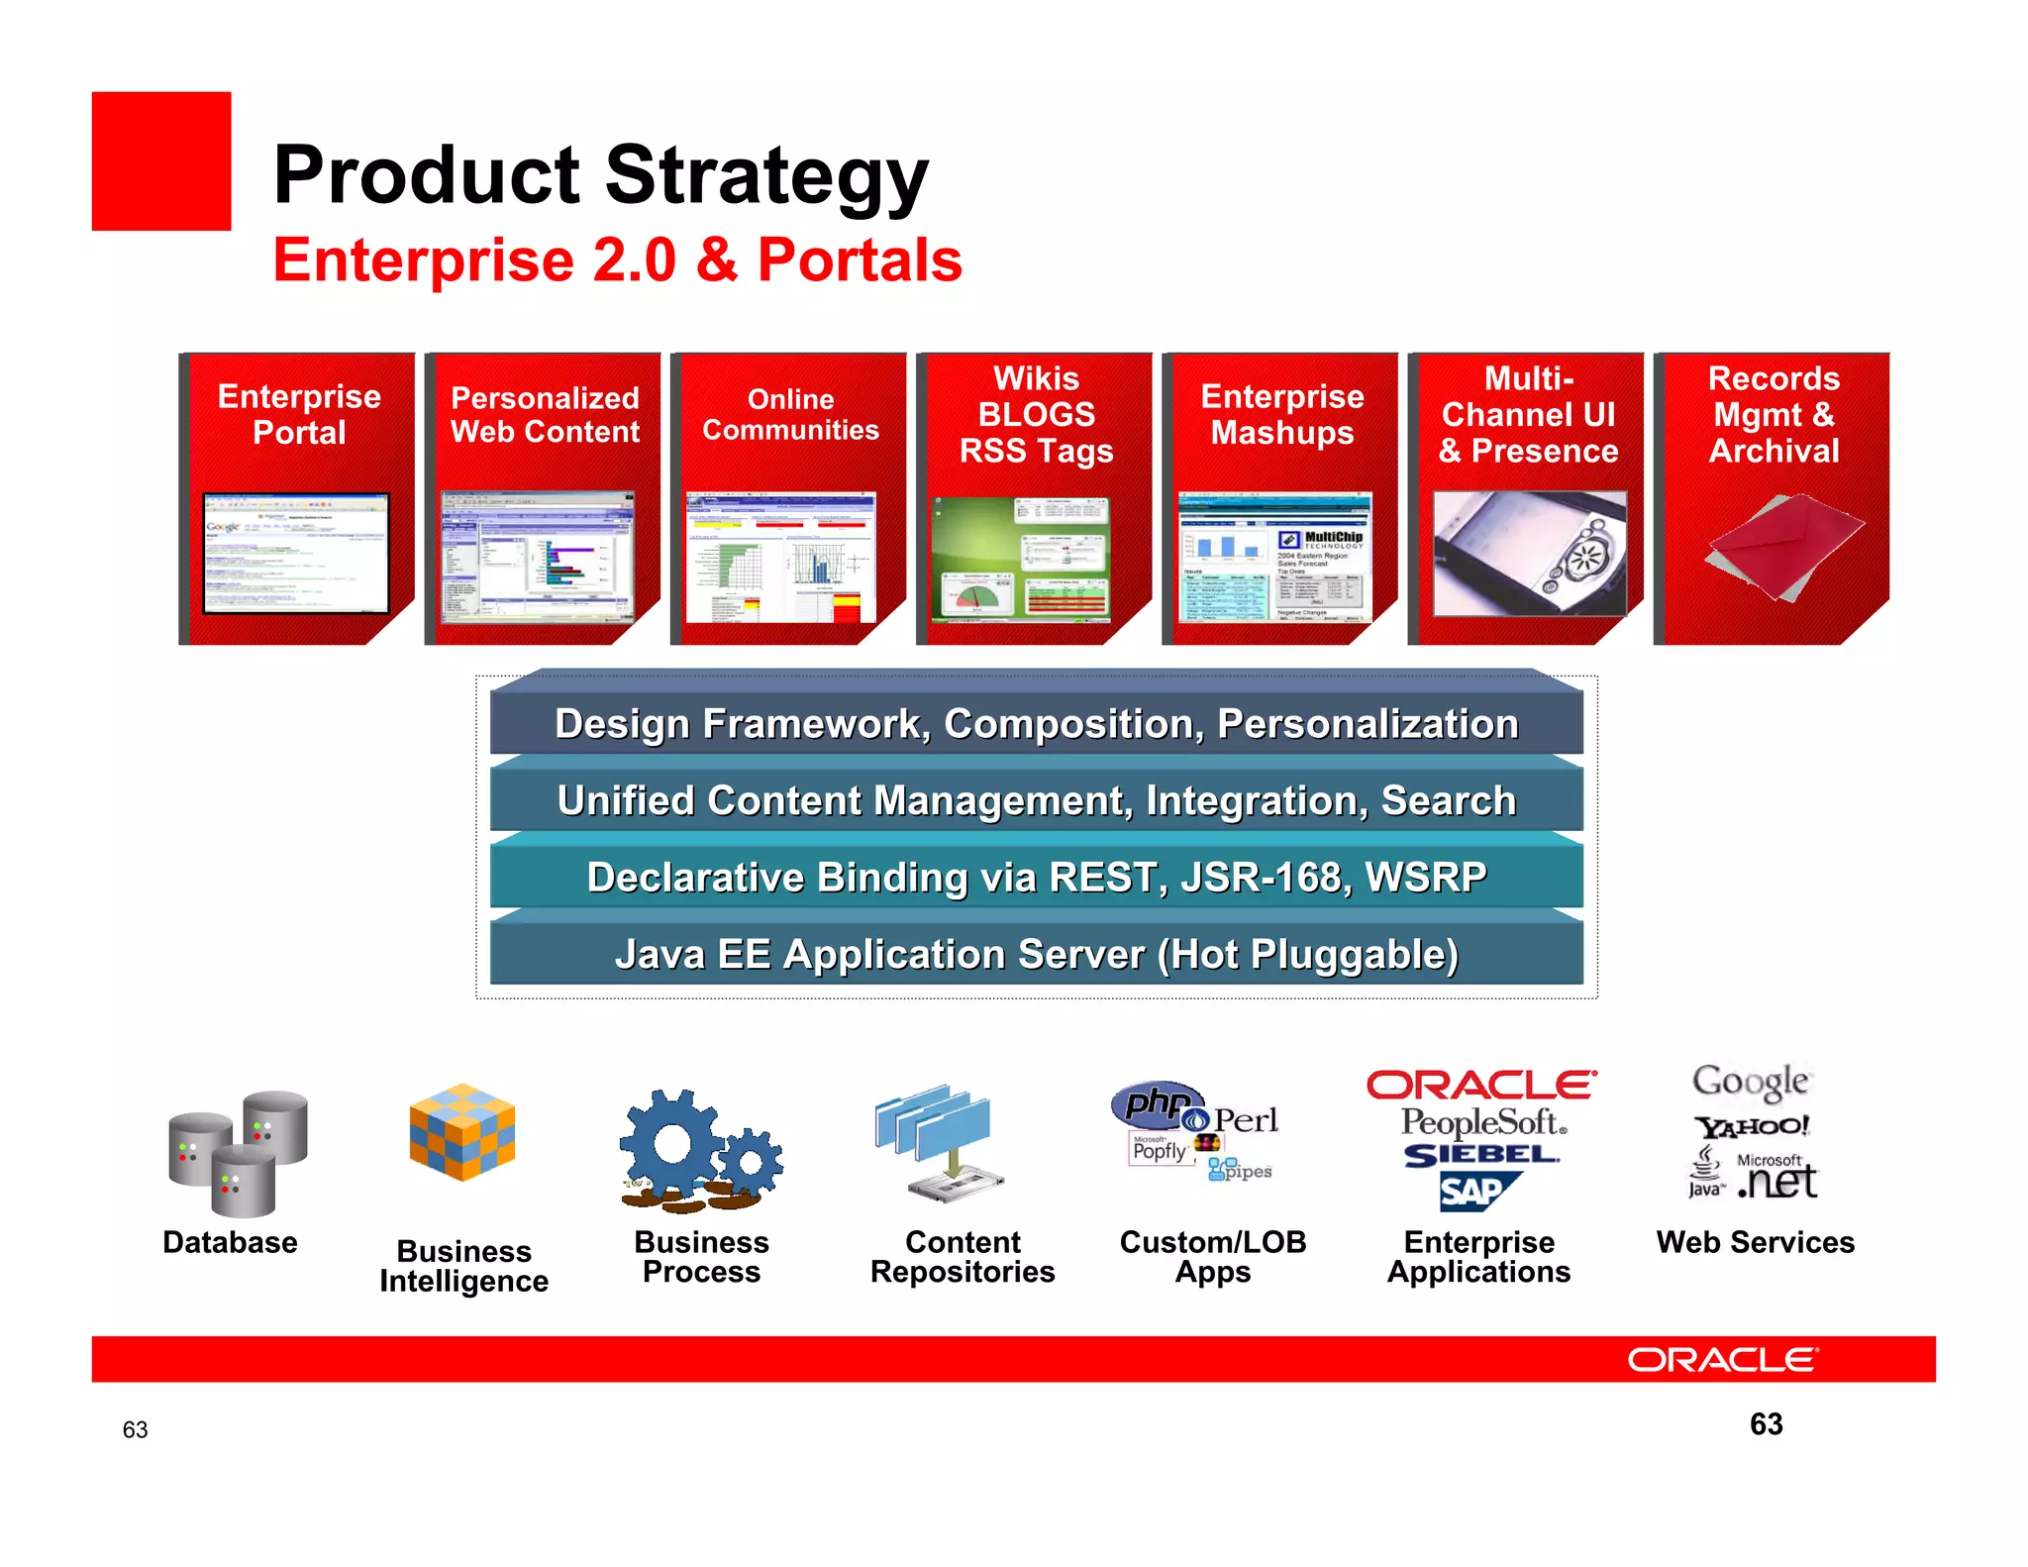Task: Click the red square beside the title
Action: coord(161,161)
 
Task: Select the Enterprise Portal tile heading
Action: coord(299,414)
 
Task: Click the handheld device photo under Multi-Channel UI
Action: coord(1529,554)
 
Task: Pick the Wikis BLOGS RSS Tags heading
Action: coord(1036,414)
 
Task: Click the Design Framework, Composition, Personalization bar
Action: coord(1036,724)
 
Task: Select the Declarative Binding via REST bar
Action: coord(1036,878)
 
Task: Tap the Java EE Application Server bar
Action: coord(1036,955)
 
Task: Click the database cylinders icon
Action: coord(238,1154)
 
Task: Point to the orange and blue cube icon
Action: coord(462,1132)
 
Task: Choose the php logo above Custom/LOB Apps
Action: coord(1156,1102)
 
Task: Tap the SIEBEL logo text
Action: coord(1480,1155)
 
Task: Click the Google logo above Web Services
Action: coord(1751,1082)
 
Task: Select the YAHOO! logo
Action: coord(1751,1127)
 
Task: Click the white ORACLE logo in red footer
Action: coord(1722,1360)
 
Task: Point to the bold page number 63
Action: coord(1766,1424)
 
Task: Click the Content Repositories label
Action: coord(963,1257)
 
